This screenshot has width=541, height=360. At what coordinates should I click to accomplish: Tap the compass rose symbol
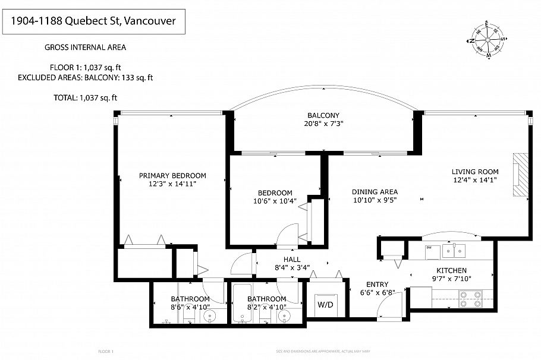coord(487,40)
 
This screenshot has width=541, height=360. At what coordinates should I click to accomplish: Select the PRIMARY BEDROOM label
coord(172,175)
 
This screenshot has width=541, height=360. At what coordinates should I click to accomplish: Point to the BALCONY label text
coord(323,115)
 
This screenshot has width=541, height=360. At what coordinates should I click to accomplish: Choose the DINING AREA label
coord(375,192)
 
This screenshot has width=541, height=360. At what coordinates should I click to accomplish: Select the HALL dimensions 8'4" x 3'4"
coord(291,268)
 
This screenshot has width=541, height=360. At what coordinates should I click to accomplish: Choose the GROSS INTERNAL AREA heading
coord(85,48)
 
